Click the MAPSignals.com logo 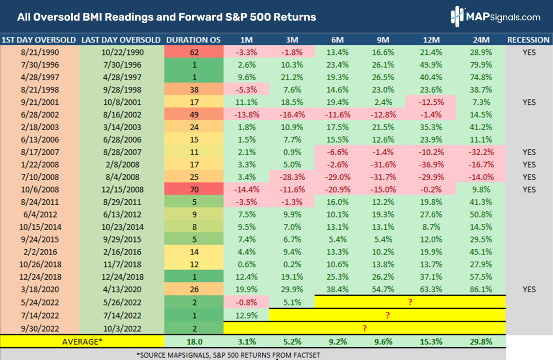(495, 17)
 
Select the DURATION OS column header (193, 40)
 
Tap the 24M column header (481, 40)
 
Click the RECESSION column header (528, 40)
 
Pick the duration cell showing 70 (194, 189)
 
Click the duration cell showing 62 (194, 52)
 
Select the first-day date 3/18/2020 (40, 289)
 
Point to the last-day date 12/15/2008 (122, 189)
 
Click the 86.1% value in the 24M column (481, 289)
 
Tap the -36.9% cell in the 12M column (431, 165)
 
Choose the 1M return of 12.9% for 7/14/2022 (247, 315)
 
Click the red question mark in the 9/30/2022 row (365, 328)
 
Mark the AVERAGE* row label (82, 342)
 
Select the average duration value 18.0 (194, 342)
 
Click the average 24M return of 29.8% (481, 342)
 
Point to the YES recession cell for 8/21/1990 (529, 52)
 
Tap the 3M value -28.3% (292, 177)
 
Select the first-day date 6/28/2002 (40, 115)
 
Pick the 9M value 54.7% (383, 289)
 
